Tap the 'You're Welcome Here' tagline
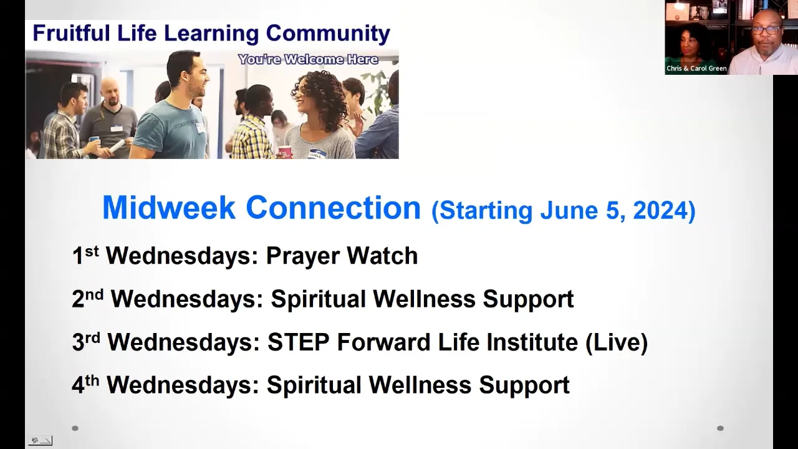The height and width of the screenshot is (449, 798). tap(308, 60)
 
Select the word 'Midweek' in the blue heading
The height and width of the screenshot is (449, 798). tap(169, 208)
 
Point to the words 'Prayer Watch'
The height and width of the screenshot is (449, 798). tap(342, 256)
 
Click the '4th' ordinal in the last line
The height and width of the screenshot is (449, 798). tap(85, 384)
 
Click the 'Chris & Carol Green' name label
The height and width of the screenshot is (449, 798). tap(696, 69)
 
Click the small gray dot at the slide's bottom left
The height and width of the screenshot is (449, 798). tap(75, 428)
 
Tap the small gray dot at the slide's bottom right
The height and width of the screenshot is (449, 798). tap(720, 428)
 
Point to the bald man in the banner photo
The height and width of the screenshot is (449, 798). tap(111, 94)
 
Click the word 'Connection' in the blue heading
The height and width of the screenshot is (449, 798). tap(333, 208)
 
